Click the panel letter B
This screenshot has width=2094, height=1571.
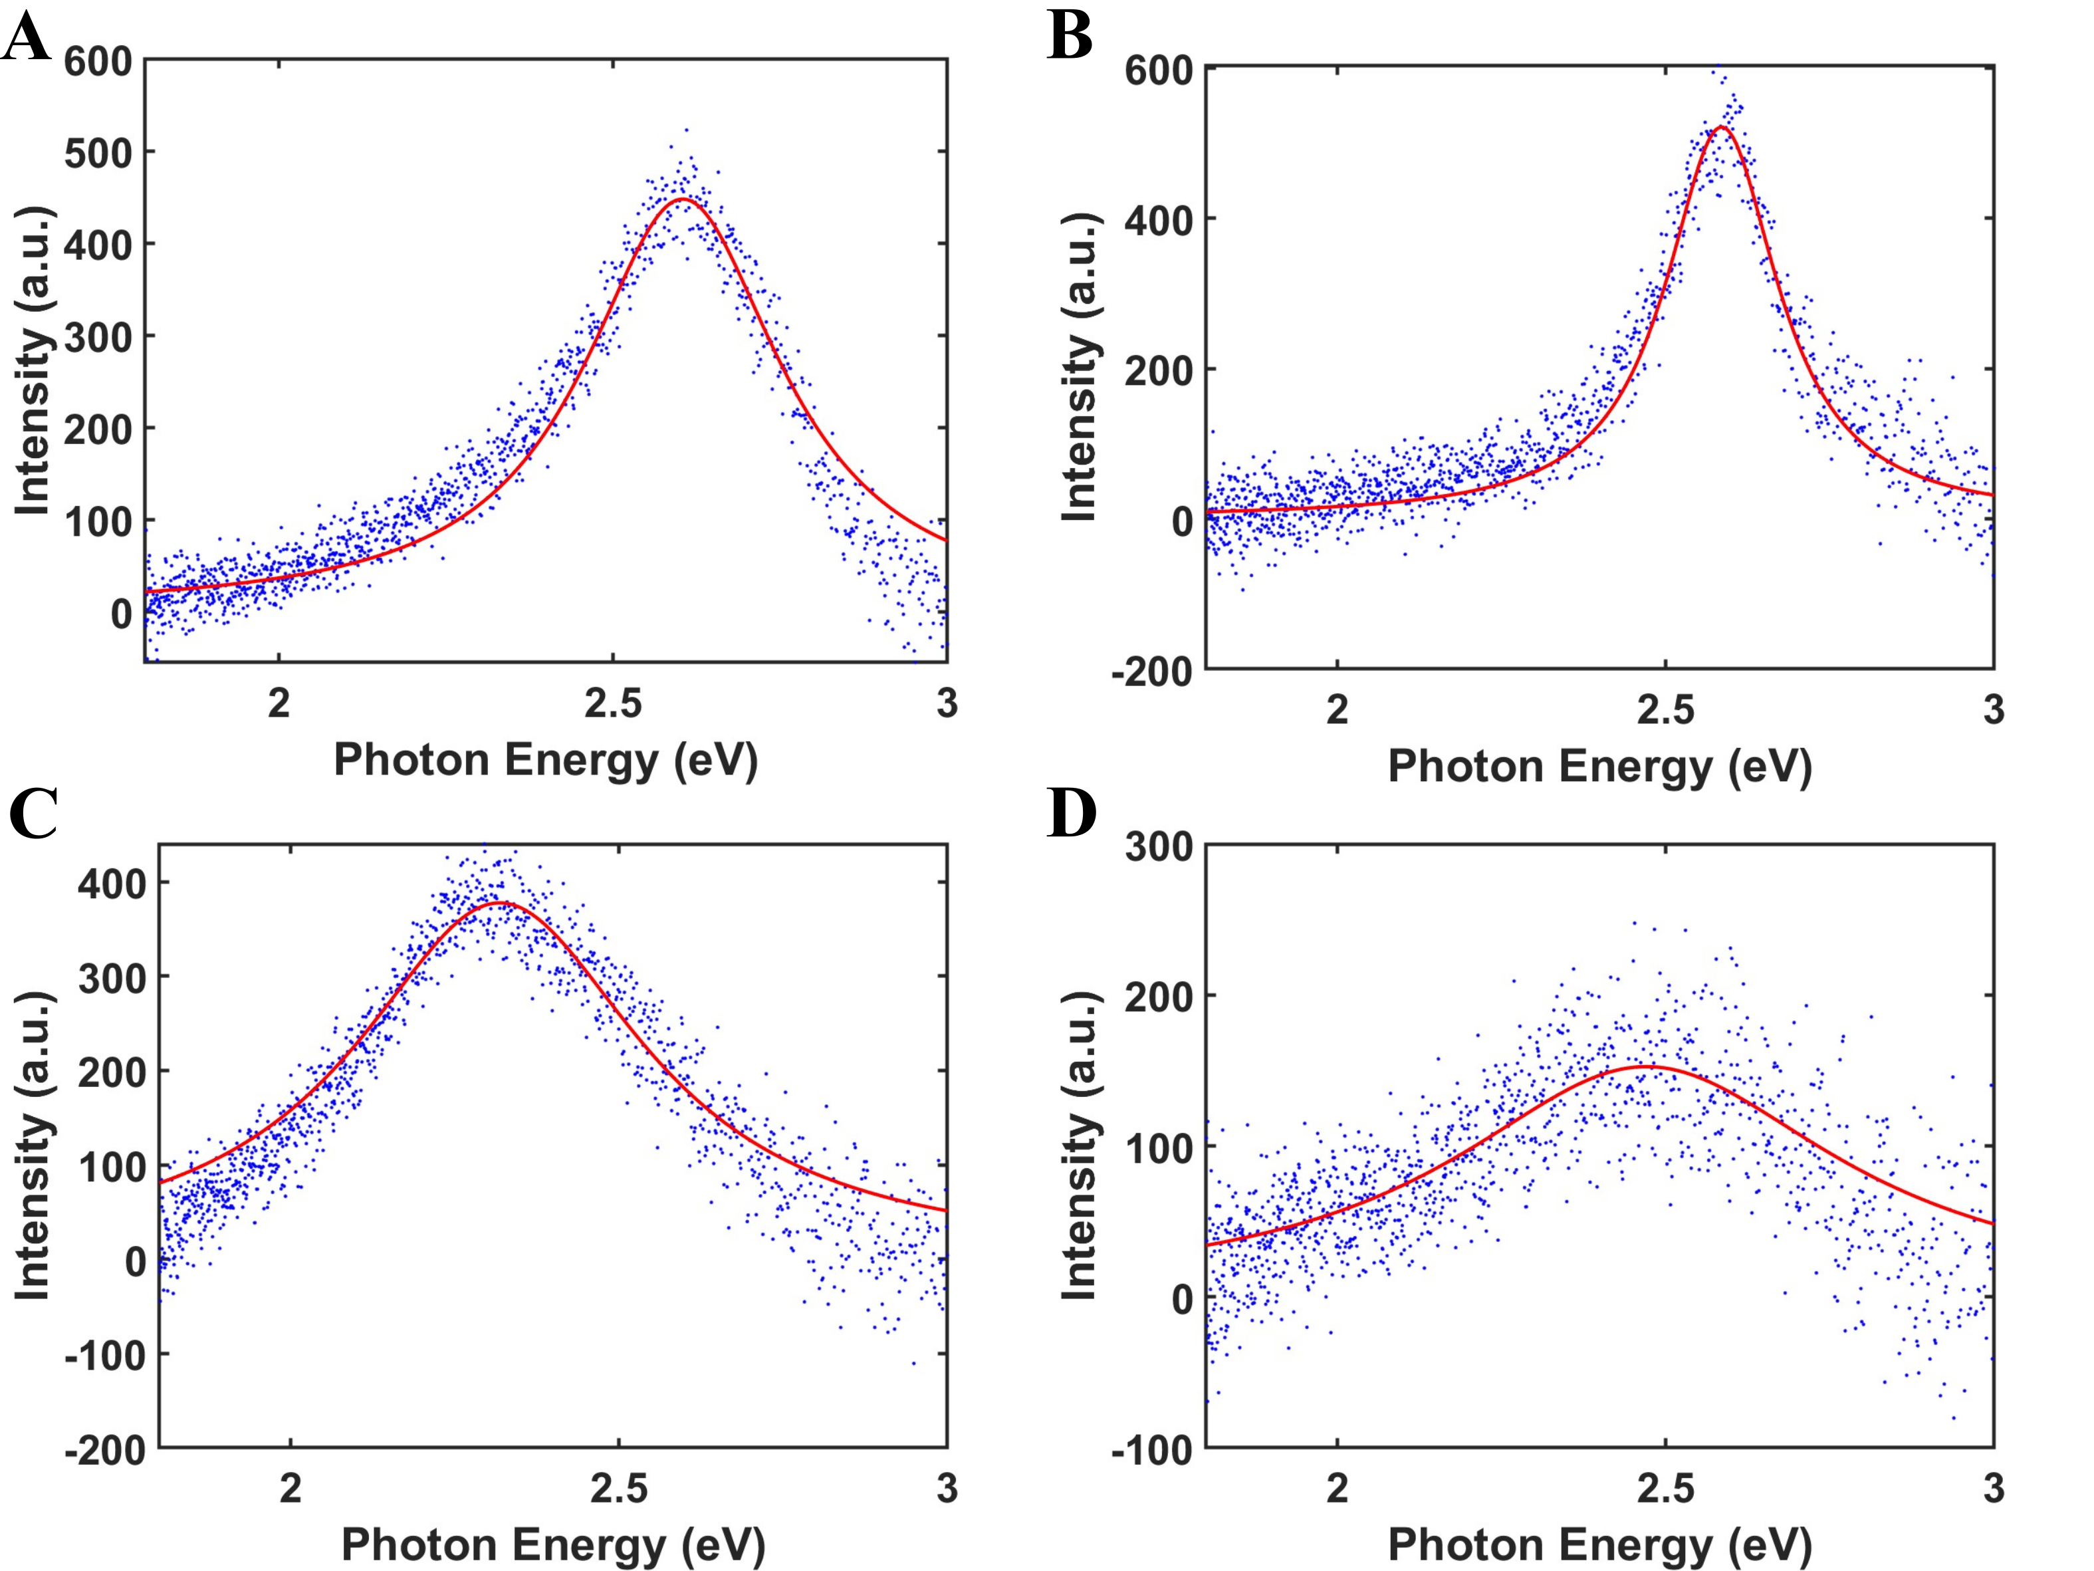tap(1070, 38)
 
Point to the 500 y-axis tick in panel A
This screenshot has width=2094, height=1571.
tap(98, 152)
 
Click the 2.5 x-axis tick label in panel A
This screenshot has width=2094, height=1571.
tap(612, 703)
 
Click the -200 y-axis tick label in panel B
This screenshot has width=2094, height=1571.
tap(1152, 671)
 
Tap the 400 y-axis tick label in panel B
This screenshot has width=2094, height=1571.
tap(1159, 219)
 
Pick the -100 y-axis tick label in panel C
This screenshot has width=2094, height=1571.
tap(105, 1355)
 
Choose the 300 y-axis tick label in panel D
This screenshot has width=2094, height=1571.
tap(1159, 846)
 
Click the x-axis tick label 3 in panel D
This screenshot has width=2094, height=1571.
tap(1994, 1489)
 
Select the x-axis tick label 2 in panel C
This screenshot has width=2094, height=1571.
tap(290, 1489)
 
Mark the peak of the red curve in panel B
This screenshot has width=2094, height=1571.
tap(1721, 127)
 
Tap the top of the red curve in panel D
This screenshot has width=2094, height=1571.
tap(1649, 1066)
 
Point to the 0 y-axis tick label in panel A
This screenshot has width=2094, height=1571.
tap(121, 614)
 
